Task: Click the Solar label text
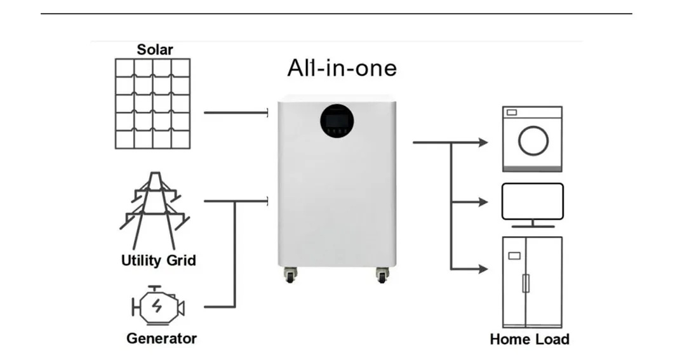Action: (x=155, y=50)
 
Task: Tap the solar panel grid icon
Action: (x=152, y=103)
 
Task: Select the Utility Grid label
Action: (x=158, y=260)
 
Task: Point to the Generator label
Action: (x=161, y=338)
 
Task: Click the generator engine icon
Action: (x=157, y=307)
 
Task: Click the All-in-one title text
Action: (x=342, y=67)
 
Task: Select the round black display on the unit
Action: (x=336, y=119)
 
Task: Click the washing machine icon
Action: (x=532, y=138)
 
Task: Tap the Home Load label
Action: (x=530, y=339)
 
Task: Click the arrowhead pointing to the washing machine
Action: (x=483, y=143)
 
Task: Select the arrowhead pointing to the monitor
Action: (x=483, y=202)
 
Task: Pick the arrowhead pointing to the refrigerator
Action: (x=483, y=269)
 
